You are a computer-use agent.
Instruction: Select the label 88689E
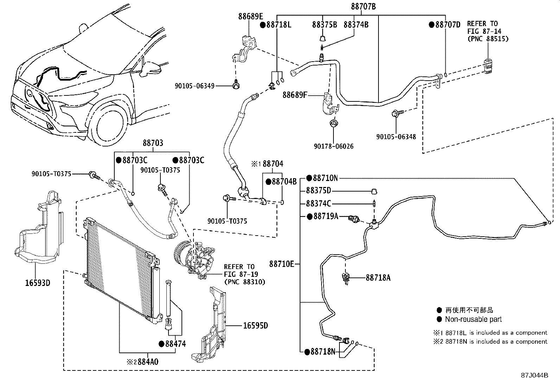click(250, 16)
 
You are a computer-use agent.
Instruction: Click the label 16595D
click(255, 325)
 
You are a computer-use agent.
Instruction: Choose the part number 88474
click(175, 344)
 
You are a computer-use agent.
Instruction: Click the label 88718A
click(378, 278)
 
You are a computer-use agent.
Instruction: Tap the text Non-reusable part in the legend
click(473, 319)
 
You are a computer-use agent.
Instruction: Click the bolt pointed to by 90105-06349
click(236, 85)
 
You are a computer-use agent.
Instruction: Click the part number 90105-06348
click(396, 137)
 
